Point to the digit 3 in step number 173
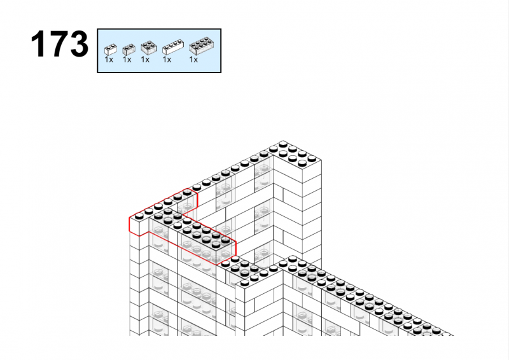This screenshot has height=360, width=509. (x=78, y=44)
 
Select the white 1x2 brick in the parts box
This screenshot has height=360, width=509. (x=110, y=50)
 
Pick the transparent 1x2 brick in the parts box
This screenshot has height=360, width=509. (x=129, y=50)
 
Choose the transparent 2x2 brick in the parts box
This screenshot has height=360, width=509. (x=149, y=48)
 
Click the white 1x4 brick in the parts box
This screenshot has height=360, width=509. (x=173, y=48)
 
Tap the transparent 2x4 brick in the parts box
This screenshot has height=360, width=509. (x=202, y=46)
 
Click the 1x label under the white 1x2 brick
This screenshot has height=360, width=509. (x=109, y=60)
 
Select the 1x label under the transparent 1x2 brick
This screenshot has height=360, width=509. (x=127, y=60)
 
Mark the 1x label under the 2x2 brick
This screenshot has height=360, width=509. (x=145, y=60)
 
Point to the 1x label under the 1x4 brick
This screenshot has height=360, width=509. (x=167, y=60)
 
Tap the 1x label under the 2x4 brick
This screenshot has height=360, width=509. (x=193, y=60)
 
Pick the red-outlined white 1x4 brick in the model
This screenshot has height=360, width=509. (x=156, y=214)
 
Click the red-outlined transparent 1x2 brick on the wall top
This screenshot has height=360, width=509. (x=186, y=200)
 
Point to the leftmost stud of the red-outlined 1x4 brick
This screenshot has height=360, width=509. (x=139, y=216)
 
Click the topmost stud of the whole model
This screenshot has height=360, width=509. (x=283, y=144)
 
